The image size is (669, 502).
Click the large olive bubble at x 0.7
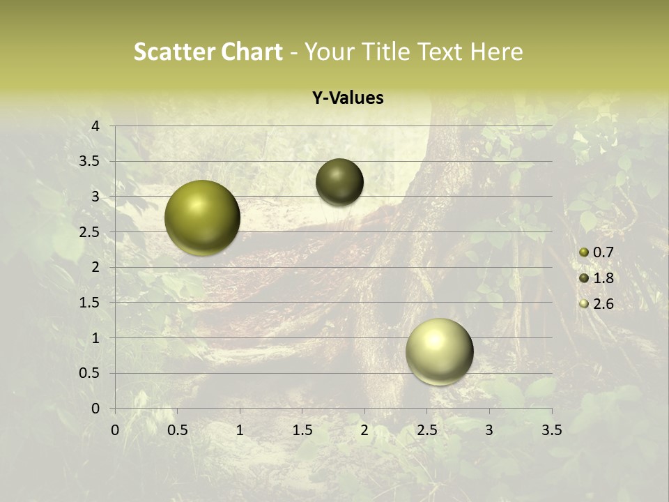point(203,218)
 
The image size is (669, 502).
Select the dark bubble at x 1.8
point(339,182)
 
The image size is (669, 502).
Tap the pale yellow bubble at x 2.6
point(439,351)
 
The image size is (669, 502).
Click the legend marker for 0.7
point(584,252)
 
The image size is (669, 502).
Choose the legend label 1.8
point(603,278)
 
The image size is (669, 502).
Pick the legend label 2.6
point(603,304)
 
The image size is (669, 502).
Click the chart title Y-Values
point(347,98)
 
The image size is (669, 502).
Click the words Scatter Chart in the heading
point(208,52)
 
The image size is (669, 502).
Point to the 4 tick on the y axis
point(96,126)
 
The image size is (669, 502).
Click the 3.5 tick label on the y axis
point(90,162)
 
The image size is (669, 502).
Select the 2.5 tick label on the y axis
point(90,232)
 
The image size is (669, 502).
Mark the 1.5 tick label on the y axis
point(90,303)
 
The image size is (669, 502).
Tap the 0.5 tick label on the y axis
point(90,373)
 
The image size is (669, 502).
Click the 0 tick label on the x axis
point(115,430)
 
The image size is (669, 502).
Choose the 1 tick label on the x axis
point(240,430)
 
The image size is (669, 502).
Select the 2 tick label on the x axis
point(364,430)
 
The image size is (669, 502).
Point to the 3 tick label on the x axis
point(489,430)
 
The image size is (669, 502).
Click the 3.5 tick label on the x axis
point(551,430)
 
